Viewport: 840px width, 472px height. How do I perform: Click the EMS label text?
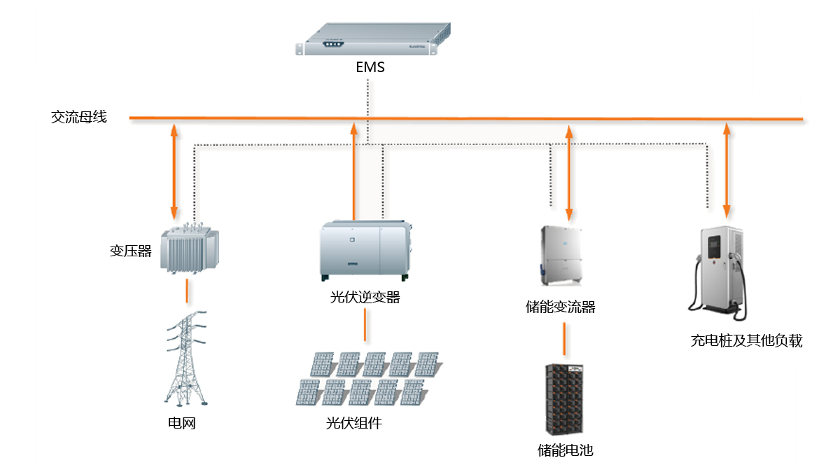click(x=370, y=68)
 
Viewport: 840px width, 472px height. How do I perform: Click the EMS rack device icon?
click(x=372, y=39)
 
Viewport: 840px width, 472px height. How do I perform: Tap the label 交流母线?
click(x=79, y=117)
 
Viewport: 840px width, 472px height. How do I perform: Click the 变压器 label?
click(x=130, y=251)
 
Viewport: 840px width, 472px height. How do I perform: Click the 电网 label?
click(x=181, y=423)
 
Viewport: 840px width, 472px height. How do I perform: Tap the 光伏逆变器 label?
click(x=365, y=297)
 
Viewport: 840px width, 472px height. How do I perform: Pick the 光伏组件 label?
click(x=354, y=423)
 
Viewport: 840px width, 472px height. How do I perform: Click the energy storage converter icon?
click(x=560, y=254)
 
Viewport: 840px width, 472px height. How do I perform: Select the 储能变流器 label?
click(x=560, y=307)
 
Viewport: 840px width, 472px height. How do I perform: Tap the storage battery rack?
click(x=565, y=398)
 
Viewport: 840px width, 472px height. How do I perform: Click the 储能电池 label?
click(x=565, y=450)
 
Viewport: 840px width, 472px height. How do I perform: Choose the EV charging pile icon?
click(x=720, y=269)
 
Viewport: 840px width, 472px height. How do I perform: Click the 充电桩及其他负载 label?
click(x=745, y=341)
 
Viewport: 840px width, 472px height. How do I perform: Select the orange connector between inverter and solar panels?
click(x=364, y=324)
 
